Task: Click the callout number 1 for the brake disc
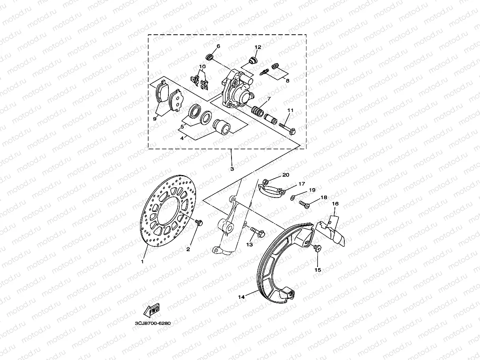pos(142,261)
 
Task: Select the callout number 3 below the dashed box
pos(232,169)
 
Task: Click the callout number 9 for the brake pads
pos(155,118)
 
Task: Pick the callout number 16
pos(335,204)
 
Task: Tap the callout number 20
pos(286,175)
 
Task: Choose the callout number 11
pos(290,111)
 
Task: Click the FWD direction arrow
pos(151,311)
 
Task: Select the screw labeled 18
pos(304,204)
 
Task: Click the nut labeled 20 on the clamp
pos(266,182)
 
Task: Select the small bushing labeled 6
pos(211,58)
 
